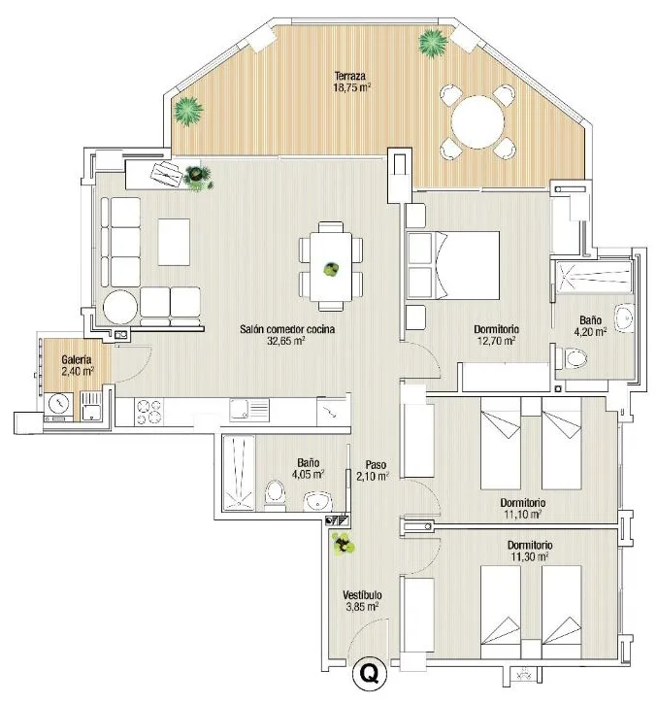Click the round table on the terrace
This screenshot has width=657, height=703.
click(x=477, y=122)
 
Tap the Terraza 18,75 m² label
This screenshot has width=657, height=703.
click(x=352, y=82)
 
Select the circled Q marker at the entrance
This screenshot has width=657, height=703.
click(x=370, y=674)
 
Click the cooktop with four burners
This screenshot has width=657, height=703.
click(x=148, y=411)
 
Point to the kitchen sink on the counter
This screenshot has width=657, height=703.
click(x=249, y=410)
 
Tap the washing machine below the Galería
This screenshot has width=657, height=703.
click(x=58, y=405)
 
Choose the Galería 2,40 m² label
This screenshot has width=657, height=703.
click(x=78, y=365)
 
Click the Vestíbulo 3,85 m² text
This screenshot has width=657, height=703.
click(x=362, y=600)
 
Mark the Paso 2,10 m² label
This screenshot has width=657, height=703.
click(x=372, y=470)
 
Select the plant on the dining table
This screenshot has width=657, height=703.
click(x=331, y=270)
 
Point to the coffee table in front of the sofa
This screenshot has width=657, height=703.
click(x=174, y=242)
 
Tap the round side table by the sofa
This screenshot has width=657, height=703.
click(x=120, y=307)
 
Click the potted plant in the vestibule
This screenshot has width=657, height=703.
click(x=343, y=545)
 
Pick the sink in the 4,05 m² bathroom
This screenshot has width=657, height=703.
click(x=318, y=501)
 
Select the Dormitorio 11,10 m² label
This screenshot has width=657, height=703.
click(x=522, y=508)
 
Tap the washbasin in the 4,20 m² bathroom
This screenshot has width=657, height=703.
click(x=624, y=318)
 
